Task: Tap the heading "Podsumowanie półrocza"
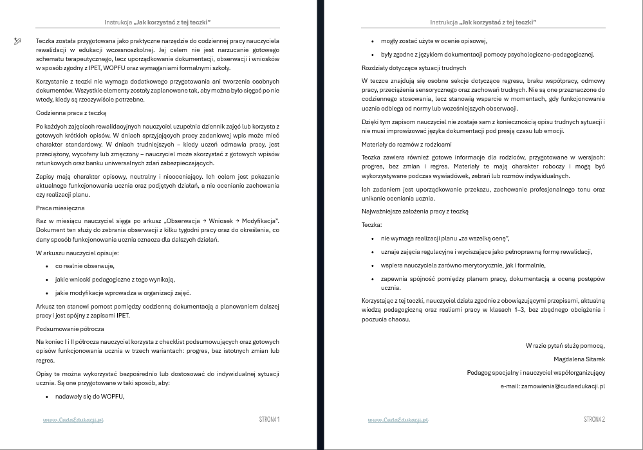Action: (65, 328)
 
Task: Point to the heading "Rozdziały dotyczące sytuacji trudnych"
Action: (414, 67)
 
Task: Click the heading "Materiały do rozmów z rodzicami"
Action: (406, 144)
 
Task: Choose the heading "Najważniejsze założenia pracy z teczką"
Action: (415, 211)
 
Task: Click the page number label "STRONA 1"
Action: (268, 420)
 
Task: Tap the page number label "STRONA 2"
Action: (594, 420)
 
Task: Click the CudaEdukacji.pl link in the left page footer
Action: (73, 420)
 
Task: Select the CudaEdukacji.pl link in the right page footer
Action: (398, 420)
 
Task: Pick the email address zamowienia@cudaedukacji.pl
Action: (552, 386)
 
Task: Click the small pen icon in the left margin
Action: (17, 40)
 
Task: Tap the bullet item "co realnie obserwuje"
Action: (84, 265)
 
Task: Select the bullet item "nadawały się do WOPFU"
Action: (89, 396)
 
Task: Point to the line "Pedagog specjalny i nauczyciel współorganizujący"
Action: (536, 372)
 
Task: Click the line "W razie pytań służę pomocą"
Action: (565, 345)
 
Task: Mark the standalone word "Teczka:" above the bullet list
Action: (372, 224)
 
